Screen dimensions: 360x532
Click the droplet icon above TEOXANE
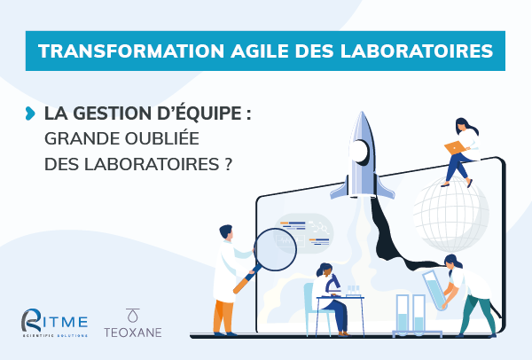133,314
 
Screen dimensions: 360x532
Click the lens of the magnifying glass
274,250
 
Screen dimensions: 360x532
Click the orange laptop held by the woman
455,147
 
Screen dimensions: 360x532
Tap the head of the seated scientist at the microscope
323,270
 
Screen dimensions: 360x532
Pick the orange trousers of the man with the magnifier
223,312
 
